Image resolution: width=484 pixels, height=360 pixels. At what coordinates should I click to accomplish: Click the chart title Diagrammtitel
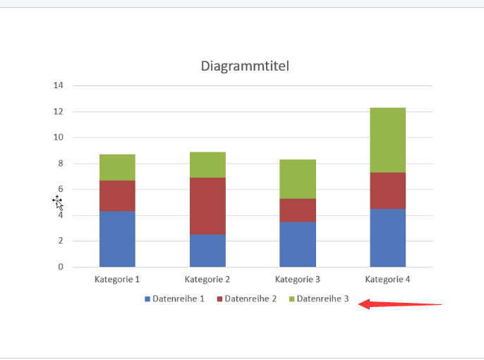click(245, 66)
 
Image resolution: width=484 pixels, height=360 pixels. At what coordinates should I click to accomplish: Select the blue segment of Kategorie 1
click(117, 239)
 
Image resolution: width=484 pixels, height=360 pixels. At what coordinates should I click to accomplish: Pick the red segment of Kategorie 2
click(207, 205)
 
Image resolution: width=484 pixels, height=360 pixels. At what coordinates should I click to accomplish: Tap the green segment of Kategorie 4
click(387, 140)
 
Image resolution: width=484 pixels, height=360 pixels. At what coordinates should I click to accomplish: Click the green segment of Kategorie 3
click(298, 179)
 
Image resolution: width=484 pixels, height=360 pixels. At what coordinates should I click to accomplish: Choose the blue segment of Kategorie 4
click(387, 237)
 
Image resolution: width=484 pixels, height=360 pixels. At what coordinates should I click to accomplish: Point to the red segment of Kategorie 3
click(298, 210)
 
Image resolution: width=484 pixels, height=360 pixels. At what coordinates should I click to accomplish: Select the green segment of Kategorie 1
click(117, 167)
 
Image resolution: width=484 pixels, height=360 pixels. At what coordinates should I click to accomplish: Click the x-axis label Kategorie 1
click(117, 280)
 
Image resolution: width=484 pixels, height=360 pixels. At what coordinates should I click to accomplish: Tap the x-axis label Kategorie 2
click(207, 280)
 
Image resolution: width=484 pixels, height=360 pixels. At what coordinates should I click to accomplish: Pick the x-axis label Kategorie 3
click(298, 280)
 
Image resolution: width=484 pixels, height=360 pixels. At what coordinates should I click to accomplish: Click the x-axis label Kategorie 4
click(387, 280)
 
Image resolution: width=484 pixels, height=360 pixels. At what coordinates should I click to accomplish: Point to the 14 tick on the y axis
click(58, 85)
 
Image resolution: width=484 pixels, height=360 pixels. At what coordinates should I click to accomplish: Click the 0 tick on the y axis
click(60, 267)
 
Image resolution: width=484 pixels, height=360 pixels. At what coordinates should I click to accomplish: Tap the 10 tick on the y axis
click(58, 138)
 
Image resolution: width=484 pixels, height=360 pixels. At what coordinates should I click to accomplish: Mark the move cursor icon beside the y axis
click(58, 203)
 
